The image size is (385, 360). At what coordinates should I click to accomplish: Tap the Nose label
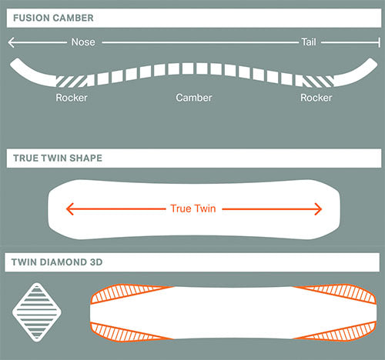(83, 42)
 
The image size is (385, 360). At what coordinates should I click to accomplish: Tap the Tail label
(309, 42)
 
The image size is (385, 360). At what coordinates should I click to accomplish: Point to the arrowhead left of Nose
(11, 42)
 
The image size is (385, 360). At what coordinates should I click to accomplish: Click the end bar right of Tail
(379, 42)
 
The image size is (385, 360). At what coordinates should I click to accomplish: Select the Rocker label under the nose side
(72, 98)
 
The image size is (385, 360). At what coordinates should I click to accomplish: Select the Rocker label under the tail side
(316, 98)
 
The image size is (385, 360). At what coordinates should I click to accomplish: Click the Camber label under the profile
(194, 98)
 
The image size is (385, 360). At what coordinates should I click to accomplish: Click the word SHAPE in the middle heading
(85, 158)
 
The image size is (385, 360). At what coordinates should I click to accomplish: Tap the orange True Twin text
(193, 208)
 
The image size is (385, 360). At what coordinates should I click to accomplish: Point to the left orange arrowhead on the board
(70, 209)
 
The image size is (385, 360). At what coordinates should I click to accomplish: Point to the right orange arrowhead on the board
(318, 209)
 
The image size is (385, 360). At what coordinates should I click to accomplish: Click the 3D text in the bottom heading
(96, 262)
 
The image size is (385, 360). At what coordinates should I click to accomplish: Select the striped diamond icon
(37, 312)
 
